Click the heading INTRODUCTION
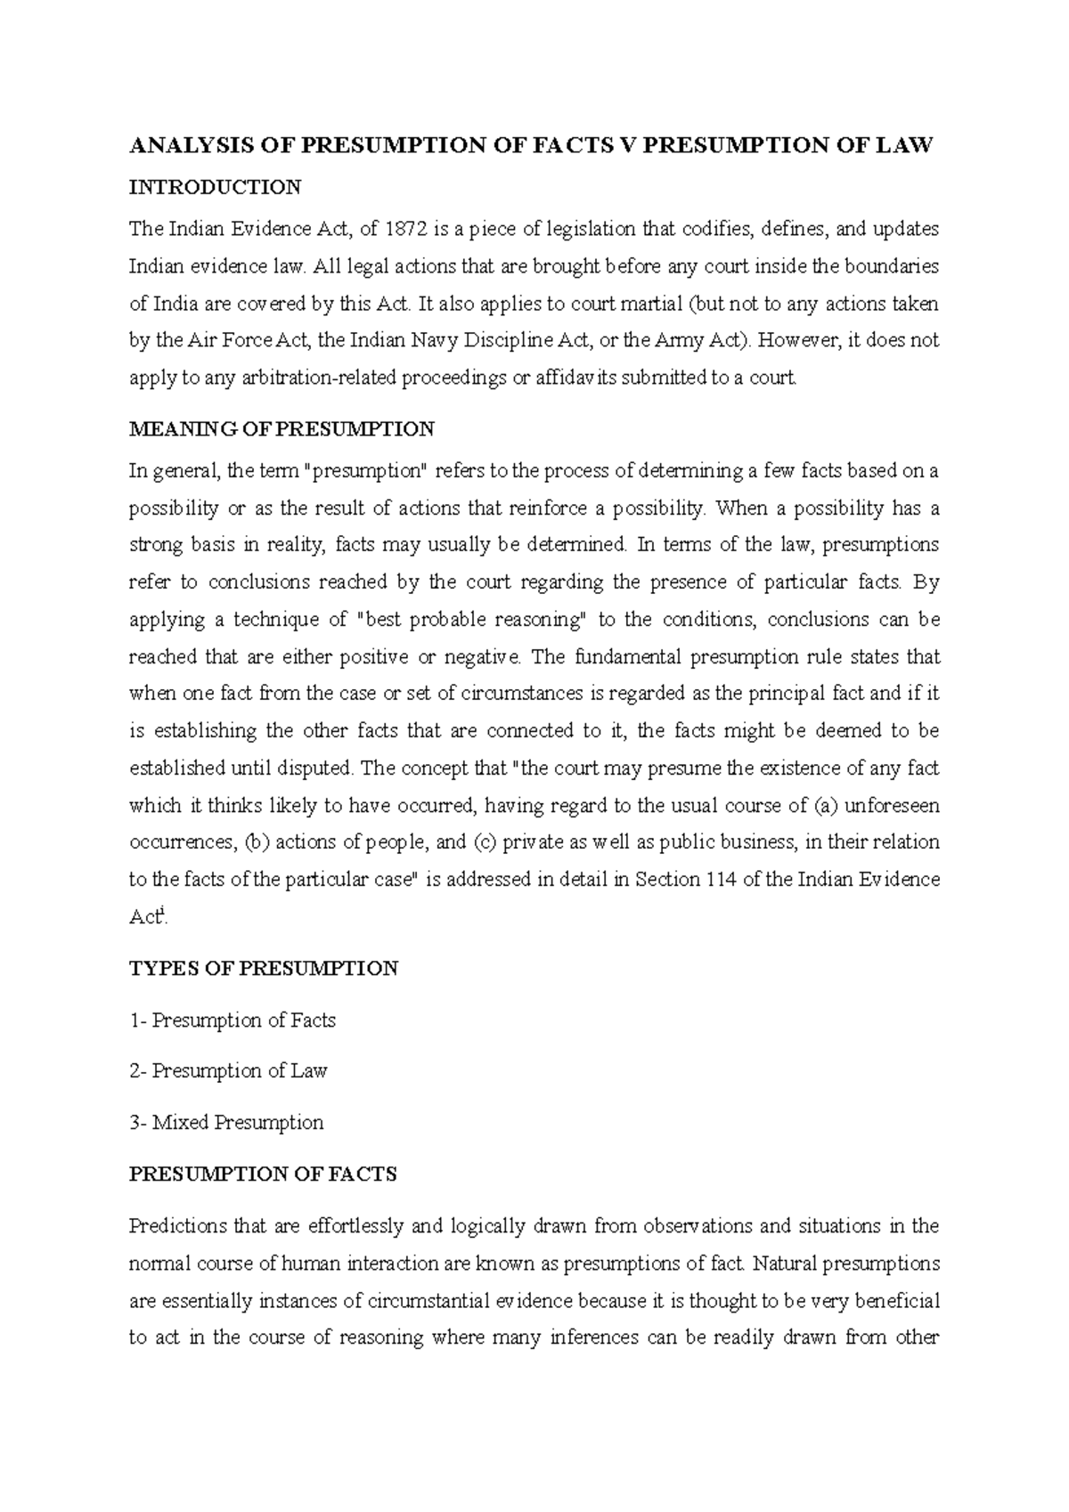coord(216,187)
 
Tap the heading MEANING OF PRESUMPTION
coord(282,429)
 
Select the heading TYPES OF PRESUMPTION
coord(264,969)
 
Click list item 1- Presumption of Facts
coord(233,1020)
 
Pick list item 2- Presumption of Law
coord(229,1071)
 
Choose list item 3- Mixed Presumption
coord(226,1122)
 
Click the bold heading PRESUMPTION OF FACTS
coord(263,1175)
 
